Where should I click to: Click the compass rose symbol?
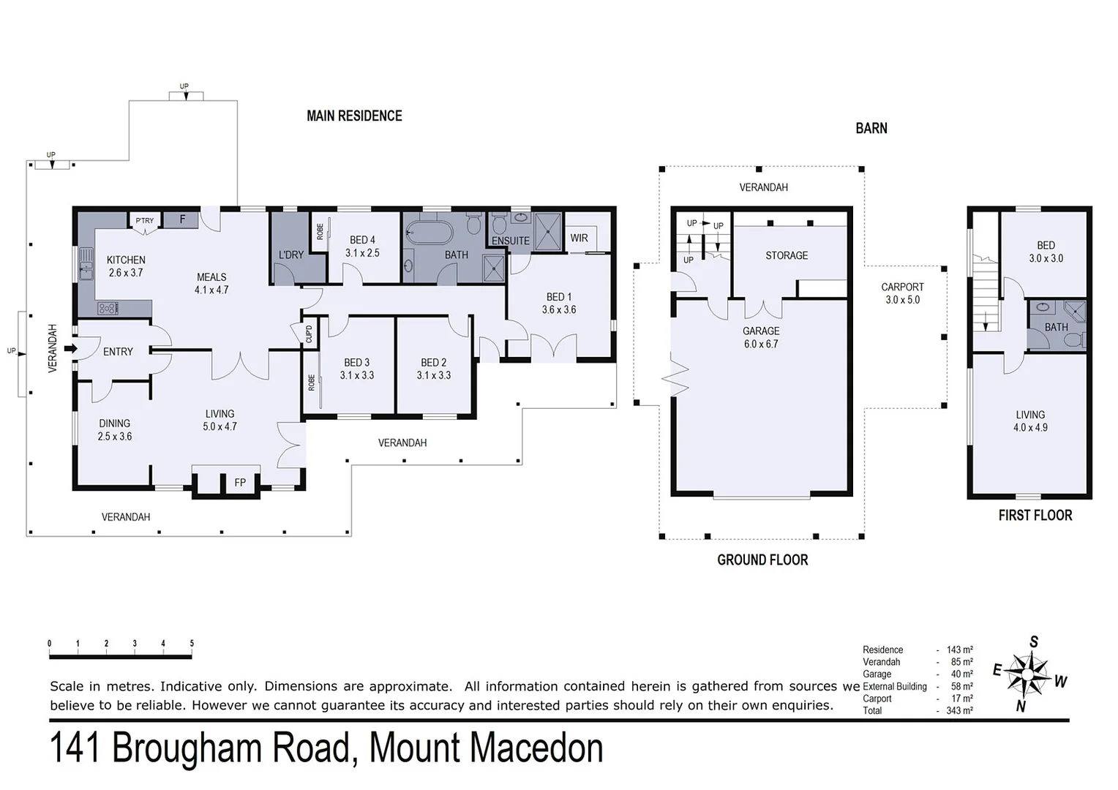(x=1028, y=673)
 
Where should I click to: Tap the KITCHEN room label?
(x=126, y=260)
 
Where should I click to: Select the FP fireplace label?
(x=240, y=483)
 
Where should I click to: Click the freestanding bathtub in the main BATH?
(x=429, y=233)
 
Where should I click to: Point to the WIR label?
(x=579, y=238)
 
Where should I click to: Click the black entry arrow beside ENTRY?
(x=70, y=349)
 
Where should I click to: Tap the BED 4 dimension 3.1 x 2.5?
(x=362, y=253)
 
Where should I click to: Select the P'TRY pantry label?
(x=145, y=220)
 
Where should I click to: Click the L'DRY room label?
(x=290, y=255)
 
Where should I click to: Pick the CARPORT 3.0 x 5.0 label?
(x=902, y=293)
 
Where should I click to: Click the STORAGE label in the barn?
(x=787, y=255)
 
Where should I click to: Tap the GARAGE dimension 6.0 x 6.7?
(x=761, y=344)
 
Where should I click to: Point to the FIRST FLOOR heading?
(x=1035, y=515)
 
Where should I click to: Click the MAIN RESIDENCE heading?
(x=354, y=116)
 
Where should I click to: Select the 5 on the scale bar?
(x=192, y=644)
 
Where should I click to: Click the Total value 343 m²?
(x=959, y=710)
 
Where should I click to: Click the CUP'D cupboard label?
(x=309, y=334)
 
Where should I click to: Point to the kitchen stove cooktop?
(x=108, y=308)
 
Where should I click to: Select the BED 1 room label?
(x=558, y=297)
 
